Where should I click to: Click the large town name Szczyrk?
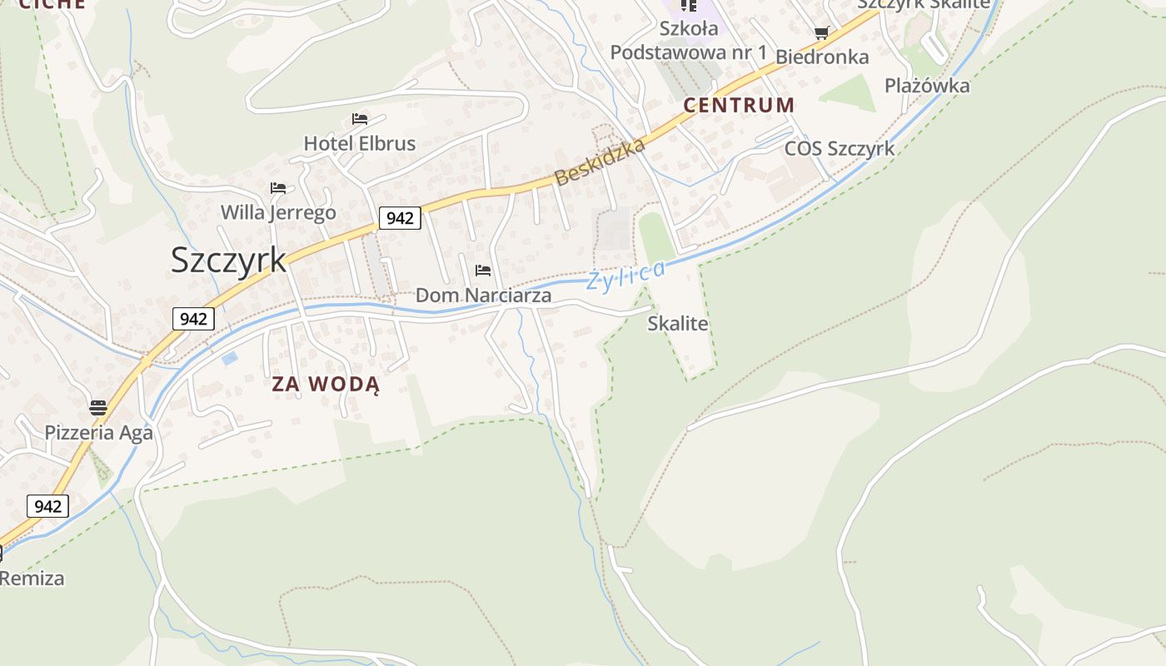point(228,260)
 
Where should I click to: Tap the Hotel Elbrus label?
point(359,143)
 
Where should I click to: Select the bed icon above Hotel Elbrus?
point(360,119)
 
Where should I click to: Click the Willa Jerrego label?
point(278,212)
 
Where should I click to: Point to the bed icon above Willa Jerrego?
point(278,188)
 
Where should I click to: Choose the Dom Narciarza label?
point(483,296)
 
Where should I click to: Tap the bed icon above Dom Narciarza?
point(483,270)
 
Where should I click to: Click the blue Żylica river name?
point(625,276)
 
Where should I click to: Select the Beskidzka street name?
point(600,162)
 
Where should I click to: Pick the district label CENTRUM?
point(739,106)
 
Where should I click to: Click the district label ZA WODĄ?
point(326,385)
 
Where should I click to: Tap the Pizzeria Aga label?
point(98,433)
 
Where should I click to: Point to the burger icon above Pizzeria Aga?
point(98,408)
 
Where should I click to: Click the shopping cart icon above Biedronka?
point(822,33)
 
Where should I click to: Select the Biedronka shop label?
point(822,57)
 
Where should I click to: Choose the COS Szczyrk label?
point(840,148)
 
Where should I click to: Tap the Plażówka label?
point(927,86)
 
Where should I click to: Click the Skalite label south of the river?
point(678,324)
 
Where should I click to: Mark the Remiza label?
point(32,578)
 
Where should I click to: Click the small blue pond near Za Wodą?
point(230,358)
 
